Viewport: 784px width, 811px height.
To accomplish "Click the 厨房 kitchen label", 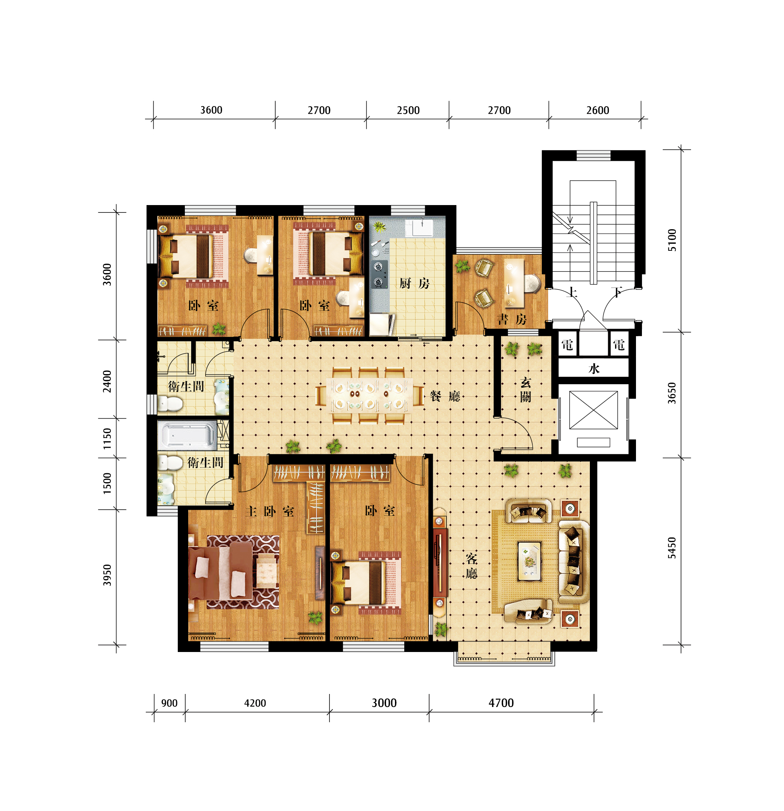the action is point(414,283).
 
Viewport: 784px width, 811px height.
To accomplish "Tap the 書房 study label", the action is point(512,319).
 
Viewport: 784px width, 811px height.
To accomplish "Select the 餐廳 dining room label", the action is point(445,396).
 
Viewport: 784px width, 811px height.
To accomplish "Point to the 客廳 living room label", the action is point(471,566).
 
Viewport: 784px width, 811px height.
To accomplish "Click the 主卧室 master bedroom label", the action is point(270,512).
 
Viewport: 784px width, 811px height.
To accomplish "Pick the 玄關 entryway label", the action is point(526,390).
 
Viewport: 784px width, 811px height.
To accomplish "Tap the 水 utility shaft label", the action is point(594,369).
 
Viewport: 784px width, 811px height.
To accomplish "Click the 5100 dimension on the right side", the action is point(672,240).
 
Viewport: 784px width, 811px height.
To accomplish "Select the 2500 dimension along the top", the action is point(408,110).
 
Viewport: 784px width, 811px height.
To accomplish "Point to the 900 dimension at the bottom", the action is point(169,703).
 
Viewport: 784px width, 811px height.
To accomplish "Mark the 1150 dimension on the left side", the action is point(107,439).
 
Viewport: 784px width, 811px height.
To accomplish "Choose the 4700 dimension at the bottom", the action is point(501,703).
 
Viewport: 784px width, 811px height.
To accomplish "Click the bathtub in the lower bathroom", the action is point(187,435).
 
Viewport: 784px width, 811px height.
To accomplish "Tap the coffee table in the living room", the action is point(529,561).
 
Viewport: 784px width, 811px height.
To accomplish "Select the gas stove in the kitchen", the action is point(379,274).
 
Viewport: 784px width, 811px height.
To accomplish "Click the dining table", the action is point(369,395).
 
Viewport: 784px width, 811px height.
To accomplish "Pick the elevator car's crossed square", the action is point(594,410).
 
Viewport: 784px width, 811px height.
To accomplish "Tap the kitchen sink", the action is point(419,228).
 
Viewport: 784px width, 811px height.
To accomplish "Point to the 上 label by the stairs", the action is point(572,292).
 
